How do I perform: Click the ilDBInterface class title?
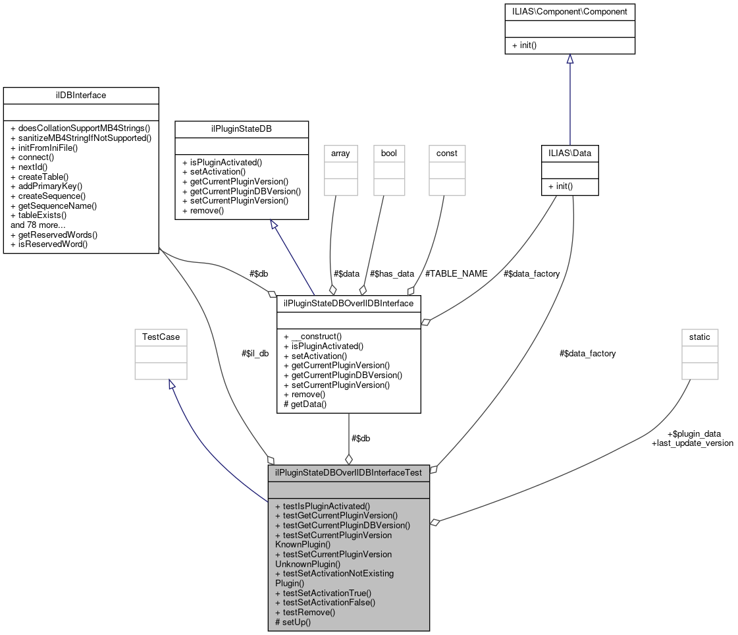(81, 96)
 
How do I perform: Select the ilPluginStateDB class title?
(242, 128)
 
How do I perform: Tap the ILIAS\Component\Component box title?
(569, 12)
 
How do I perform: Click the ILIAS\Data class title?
(569, 153)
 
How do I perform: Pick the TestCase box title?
(161, 337)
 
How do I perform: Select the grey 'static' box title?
(699, 337)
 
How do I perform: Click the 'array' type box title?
(340, 153)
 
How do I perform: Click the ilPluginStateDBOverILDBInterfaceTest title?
(348, 472)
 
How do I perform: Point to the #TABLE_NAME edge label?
(456, 273)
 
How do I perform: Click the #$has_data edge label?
(392, 273)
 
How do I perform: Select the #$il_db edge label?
(255, 353)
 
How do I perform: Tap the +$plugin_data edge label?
(693, 433)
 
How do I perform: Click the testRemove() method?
(305, 612)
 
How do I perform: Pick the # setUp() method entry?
(293, 622)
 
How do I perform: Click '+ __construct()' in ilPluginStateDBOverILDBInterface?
(312, 335)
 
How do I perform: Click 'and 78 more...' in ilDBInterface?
(38, 225)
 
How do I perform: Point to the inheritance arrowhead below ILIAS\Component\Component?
(569, 59)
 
